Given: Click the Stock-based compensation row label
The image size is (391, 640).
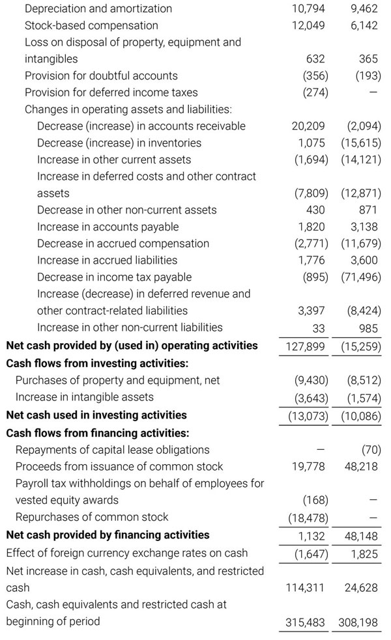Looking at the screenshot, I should pos(91,25).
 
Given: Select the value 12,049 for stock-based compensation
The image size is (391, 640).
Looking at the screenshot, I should pos(308,25).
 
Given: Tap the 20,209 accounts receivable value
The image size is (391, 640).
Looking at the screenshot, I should pos(308,126).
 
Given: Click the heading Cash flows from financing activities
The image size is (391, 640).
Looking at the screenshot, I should pos(97,432).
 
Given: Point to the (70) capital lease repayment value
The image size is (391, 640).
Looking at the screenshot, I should pos(371,449).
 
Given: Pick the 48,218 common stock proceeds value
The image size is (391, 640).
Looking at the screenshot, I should pos(360,466).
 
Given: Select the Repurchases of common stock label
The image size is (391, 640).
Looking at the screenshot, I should pos(92,517).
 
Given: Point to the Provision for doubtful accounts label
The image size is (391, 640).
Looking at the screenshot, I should pos(101,76).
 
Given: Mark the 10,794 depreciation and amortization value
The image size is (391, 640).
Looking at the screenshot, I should pos(308,8).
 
